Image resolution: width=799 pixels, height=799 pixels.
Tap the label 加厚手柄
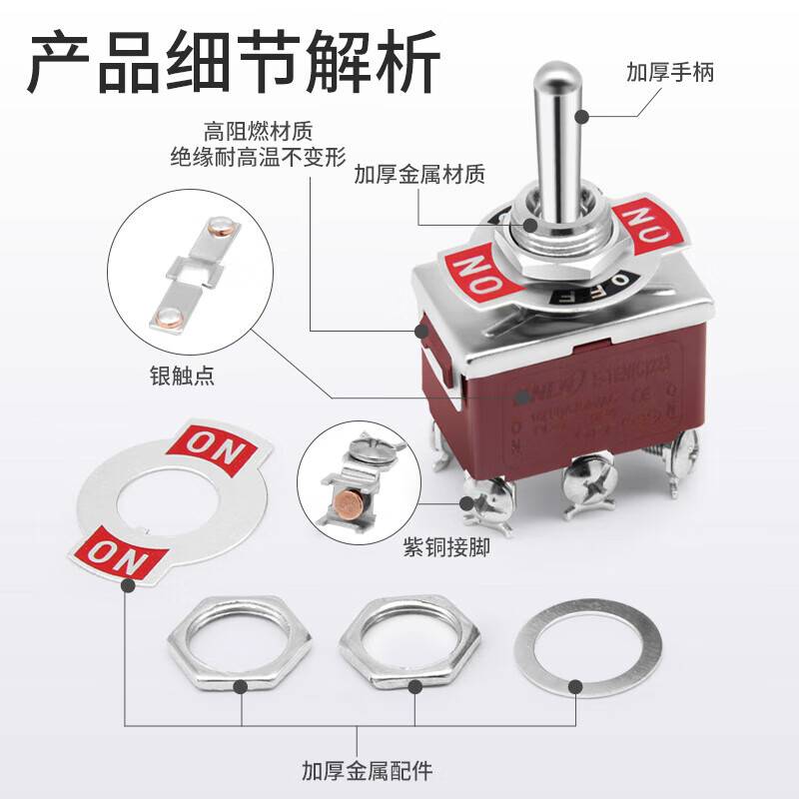click(670, 73)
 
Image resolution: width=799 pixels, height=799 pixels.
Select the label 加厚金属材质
click(419, 176)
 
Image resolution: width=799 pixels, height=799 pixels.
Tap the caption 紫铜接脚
click(446, 548)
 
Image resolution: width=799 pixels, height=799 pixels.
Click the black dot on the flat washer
click(575, 686)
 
